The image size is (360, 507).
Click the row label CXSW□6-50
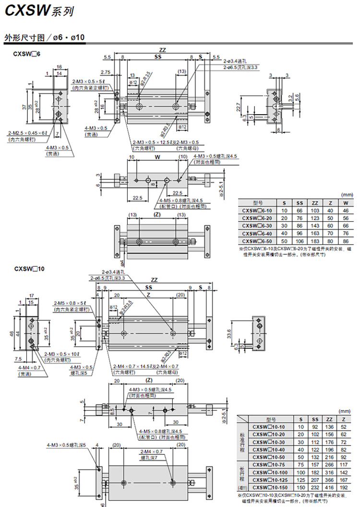click(x=258, y=240)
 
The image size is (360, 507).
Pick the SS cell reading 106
click(x=300, y=240)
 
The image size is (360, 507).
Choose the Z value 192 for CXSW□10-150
click(x=343, y=486)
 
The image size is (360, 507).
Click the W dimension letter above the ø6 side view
click(x=157, y=157)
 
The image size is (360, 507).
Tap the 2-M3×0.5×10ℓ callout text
click(x=61, y=354)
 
